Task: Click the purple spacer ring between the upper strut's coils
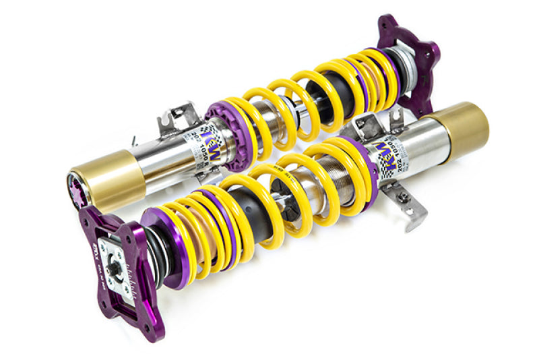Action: (364, 74)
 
